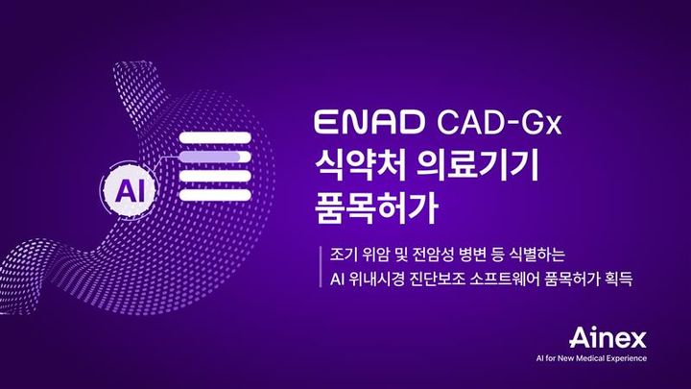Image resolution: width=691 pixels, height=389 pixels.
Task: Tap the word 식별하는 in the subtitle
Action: point(541,257)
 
